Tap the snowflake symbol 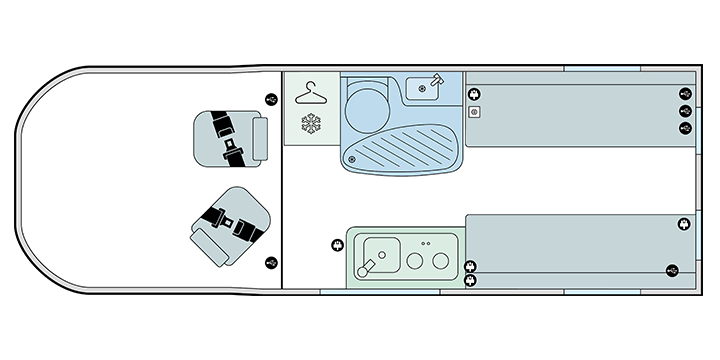pos(310,126)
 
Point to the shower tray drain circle pos(351,158)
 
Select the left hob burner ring pos(415,260)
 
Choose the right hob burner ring pos(439,260)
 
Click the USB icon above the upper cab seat pos(272,98)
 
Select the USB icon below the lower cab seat pos(272,263)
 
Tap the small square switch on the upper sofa pos(475,112)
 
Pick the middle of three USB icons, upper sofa pos(685,111)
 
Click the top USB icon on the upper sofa pos(685,94)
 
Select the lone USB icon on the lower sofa pos(673,269)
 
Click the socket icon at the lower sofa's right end pos(684,224)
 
